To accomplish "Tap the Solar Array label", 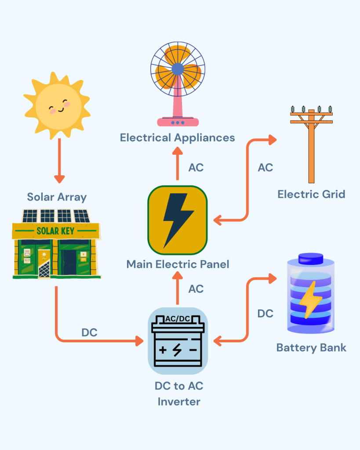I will (57, 196).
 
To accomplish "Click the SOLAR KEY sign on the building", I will (55, 230).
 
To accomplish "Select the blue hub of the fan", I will (178, 69).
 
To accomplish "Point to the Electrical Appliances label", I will (178, 138).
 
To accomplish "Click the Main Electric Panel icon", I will (178, 220).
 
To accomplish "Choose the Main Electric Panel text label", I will (178, 264).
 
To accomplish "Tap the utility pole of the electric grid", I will (311, 145).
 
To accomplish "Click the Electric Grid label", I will (311, 194).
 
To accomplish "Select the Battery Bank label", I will (311, 348).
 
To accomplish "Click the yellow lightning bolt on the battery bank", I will (310, 299).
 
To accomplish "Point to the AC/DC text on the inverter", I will (178, 319).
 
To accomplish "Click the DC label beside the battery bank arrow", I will (265, 313).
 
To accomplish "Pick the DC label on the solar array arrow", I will (89, 333).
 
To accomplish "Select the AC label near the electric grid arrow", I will (265, 167).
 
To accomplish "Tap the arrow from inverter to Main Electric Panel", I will (178, 288).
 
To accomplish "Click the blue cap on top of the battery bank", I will (311, 258).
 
